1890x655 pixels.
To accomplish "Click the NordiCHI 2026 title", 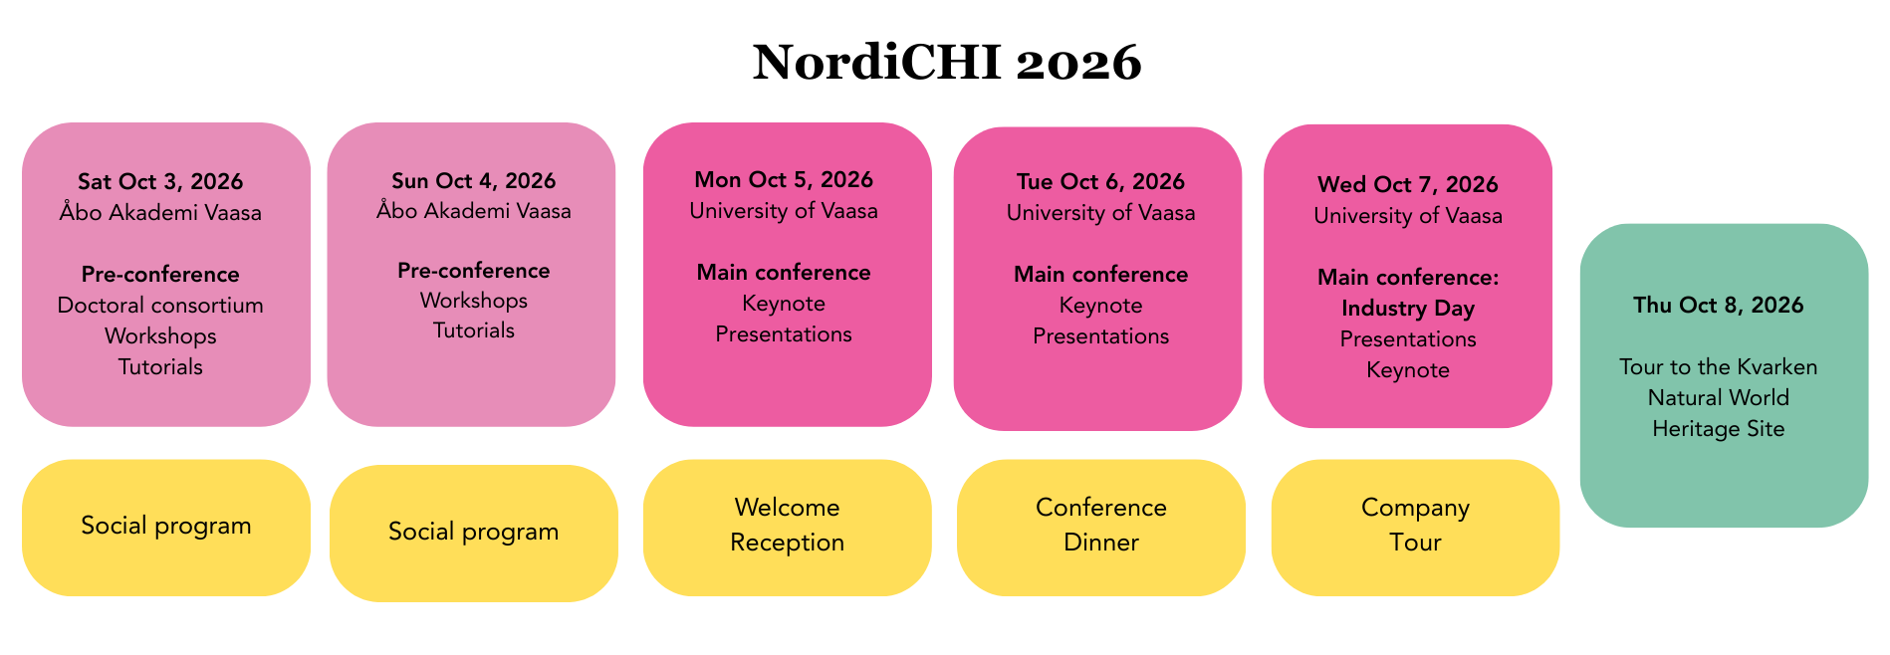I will [x=946, y=63].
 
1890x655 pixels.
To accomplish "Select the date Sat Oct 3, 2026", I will [x=160, y=181].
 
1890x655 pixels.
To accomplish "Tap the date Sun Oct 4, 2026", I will [x=473, y=180].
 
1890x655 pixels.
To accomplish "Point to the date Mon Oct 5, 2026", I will [x=784, y=179].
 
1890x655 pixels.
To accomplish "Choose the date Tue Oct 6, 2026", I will [x=1100, y=181].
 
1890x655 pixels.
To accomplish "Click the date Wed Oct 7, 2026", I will [x=1407, y=184].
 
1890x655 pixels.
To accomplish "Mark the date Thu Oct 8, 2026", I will [x=1718, y=305].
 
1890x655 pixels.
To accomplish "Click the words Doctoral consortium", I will [x=160, y=305].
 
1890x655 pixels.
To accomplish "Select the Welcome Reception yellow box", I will [x=787, y=526].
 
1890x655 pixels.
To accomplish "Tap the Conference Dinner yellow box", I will [x=1100, y=526].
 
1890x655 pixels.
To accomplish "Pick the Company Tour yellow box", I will [x=1415, y=526].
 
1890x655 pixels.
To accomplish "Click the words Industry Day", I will [x=1407, y=308].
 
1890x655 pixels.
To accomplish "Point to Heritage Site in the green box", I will [x=1718, y=428].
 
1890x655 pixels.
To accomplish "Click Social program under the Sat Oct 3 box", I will [x=166, y=526].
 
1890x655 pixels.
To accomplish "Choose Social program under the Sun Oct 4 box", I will [x=473, y=532].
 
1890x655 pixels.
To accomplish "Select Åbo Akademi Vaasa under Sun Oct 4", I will [x=473, y=210].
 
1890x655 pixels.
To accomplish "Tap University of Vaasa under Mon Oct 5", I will [x=784, y=210].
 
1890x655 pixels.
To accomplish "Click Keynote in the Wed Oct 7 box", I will [x=1407, y=369].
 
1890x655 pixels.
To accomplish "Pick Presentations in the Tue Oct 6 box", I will [x=1100, y=335].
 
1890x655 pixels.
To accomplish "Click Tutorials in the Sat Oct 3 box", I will [x=160, y=366].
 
